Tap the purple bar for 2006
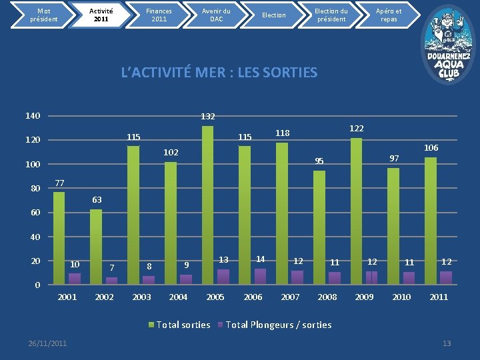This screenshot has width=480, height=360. coord(260,276)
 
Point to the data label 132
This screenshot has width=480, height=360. coord(208,117)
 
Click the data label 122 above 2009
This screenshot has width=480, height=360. coord(357,128)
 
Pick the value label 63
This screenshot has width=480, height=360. coord(97,199)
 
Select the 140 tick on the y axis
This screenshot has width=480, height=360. coord(33,116)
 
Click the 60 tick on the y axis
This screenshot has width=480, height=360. coord(35,213)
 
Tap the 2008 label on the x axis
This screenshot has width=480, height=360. coord(327,297)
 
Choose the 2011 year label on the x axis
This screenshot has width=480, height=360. coord(439,297)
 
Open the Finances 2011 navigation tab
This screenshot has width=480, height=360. coord(159,15)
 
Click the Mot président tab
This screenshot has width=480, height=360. coord(43,15)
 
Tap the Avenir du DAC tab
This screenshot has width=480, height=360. coord(216,15)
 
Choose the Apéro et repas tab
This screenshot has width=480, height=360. coord(389,15)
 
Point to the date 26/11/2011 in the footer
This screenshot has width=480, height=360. coord(47,343)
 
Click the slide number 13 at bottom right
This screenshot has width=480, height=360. coord(447,343)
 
